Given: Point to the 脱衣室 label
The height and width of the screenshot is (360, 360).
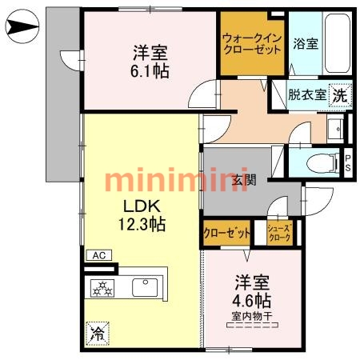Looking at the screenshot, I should (x=307, y=94).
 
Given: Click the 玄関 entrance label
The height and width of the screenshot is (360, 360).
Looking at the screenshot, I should (x=244, y=180).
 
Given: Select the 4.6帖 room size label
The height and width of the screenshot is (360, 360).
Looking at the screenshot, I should (x=252, y=302).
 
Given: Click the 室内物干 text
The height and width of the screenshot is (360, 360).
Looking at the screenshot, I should (x=252, y=317).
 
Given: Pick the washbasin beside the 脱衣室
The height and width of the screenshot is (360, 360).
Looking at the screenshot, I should (x=334, y=128).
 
